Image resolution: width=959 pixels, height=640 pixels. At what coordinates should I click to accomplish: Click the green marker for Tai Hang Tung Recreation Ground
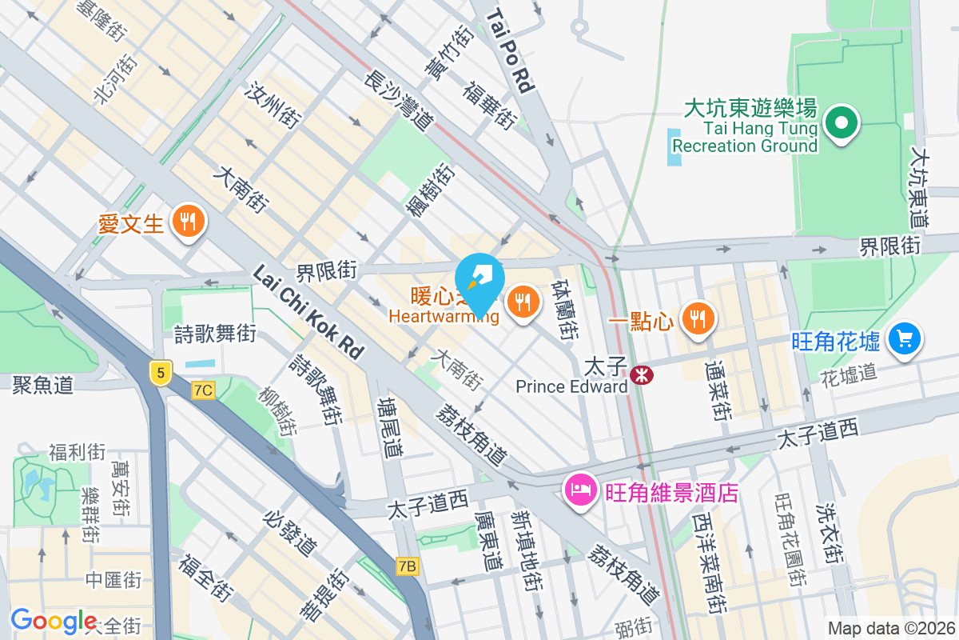(x=841, y=124)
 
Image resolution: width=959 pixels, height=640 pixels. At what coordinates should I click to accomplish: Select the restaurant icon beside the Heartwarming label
(x=523, y=302)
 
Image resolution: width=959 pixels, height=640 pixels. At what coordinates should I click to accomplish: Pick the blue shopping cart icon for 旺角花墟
(x=905, y=338)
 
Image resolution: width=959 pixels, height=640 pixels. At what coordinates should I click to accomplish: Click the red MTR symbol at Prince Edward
(x=640, y=374)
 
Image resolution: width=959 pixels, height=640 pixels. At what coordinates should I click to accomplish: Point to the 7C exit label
(x=204, y=390)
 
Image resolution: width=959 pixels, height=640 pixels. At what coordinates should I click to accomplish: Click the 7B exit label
(x=408, y=566)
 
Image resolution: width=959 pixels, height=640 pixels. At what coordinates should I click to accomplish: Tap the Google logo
(x=54, y=620)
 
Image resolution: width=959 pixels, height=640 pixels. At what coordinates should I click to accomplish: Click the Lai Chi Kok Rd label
(x=308, y=311)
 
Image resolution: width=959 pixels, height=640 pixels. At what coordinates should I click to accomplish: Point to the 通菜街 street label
(x=717, y=390)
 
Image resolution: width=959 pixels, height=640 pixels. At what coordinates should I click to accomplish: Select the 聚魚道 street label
(x=42, y=386)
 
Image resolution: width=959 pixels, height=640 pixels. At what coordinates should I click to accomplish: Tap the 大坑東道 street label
(x=920, y=189)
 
